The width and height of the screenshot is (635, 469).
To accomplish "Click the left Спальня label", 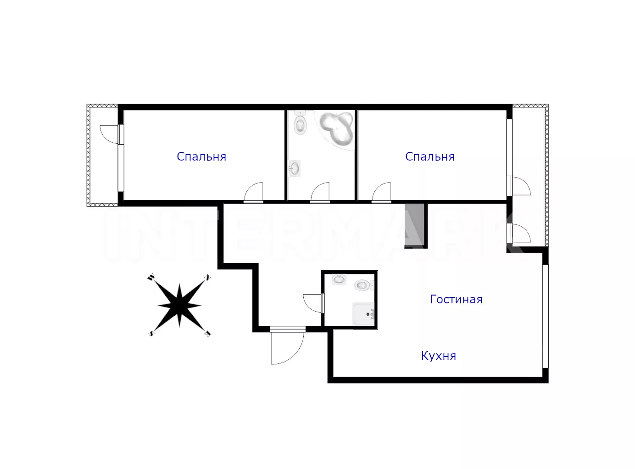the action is tap(201, 156).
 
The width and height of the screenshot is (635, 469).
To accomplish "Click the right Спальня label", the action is tap(430, 156).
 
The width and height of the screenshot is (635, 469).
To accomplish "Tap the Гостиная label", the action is tap(457, 300).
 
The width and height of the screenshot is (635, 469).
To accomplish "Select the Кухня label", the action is tap(438, 356).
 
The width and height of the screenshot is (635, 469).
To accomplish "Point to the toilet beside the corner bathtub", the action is tap(300, 123).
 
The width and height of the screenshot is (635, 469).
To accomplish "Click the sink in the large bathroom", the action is tap(294, 168).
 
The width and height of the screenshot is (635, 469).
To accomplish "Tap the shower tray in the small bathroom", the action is tap(363, 314).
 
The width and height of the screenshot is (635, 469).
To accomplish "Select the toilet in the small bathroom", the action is tap(364, 285).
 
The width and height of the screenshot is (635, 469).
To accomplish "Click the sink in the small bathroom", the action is tap(339, 279).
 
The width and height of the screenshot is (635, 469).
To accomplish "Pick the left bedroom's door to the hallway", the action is tap(253, 193).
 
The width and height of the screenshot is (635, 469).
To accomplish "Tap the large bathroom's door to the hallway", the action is tap(320, 193).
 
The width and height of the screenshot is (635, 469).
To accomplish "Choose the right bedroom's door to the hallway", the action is tap(381, 193).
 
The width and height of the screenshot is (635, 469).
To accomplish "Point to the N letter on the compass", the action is tap(208, 277).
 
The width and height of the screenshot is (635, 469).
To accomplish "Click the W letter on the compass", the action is tap(150, 277).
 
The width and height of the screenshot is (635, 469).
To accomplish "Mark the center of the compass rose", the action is tap(179, 306).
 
